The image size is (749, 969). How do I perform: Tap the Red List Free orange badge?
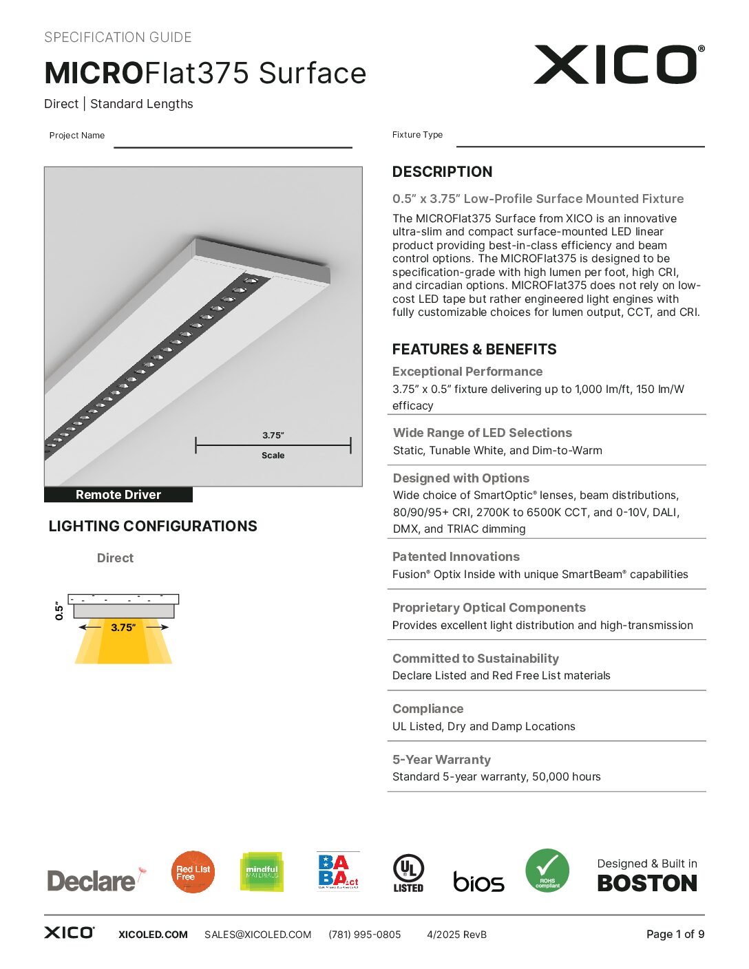pos(193,872)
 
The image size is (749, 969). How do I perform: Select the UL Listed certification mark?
pos(408,873)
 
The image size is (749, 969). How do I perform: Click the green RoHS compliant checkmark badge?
pos(547,871)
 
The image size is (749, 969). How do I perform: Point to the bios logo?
pos(478,882)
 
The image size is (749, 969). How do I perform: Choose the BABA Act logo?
pos(338,871)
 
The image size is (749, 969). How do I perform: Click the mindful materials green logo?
pos(262,871)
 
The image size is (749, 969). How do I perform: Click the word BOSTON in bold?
pos(647,884)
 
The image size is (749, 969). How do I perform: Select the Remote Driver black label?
pos(118,495)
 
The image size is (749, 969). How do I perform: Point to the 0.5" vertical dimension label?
pos(59,611)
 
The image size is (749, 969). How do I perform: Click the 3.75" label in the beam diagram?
pos(123,628)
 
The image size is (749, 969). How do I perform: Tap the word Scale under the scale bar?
pos(273,456)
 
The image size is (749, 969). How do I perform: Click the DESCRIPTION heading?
pos(442,172)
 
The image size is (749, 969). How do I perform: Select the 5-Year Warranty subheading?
pos(441,760)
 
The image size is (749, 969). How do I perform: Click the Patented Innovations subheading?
pos(456,557)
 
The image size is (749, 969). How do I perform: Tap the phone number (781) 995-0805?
pos(364,935)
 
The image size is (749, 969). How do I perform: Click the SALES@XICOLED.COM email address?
pos(257,935)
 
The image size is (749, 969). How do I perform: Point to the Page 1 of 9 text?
pos(675,934)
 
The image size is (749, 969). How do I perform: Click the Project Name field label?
pos(77,136)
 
